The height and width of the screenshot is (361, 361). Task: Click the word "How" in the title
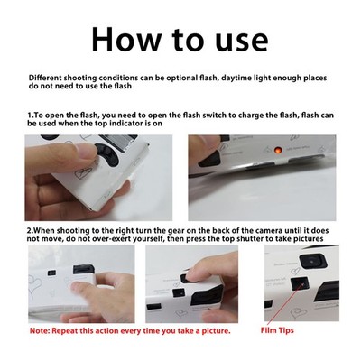point(126,39)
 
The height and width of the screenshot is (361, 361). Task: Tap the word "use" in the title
point(242,42)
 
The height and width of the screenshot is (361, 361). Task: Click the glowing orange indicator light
point(278,149)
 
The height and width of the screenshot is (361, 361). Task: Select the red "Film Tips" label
point(277,330)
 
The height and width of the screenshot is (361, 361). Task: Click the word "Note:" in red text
point(40,331)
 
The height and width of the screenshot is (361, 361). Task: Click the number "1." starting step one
point(32,116)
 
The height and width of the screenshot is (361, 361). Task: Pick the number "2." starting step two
point(32,231)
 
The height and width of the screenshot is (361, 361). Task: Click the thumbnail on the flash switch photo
point(87,151)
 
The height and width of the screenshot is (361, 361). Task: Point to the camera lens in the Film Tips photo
point(312,261)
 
